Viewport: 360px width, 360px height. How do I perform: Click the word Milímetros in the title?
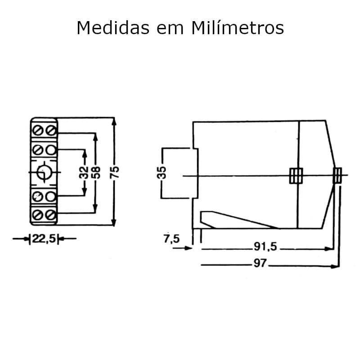(238, 28)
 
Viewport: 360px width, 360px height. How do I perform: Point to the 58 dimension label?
(95, 171)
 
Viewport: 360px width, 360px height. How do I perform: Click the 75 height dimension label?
(115, 171)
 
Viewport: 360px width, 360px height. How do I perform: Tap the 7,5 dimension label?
(171, 238)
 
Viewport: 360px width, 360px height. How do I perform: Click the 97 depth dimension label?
(260, 264)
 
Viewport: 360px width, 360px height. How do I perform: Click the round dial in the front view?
(44, 172)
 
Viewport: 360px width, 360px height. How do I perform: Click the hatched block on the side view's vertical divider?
(296, 175)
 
